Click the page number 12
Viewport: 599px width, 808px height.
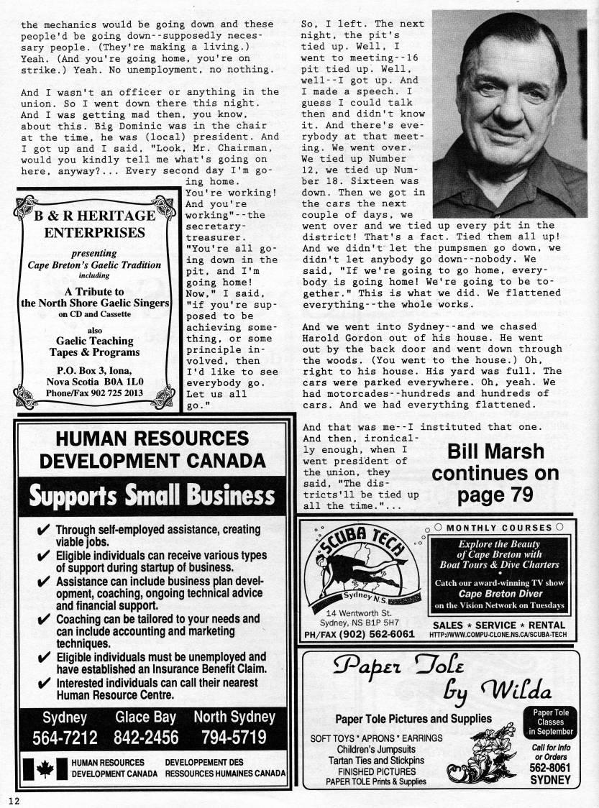point(14,800)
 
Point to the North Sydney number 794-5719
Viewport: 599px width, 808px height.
point(235,738)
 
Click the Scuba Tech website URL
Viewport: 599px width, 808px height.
point(499,635)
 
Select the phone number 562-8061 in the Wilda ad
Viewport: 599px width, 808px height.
point(550,767)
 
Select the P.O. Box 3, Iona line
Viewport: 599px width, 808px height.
point(94,369)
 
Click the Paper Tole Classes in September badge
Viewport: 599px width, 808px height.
point(550,721)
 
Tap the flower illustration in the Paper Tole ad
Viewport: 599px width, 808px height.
point(494,752)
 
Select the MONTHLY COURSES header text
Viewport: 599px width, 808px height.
point(499,528)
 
